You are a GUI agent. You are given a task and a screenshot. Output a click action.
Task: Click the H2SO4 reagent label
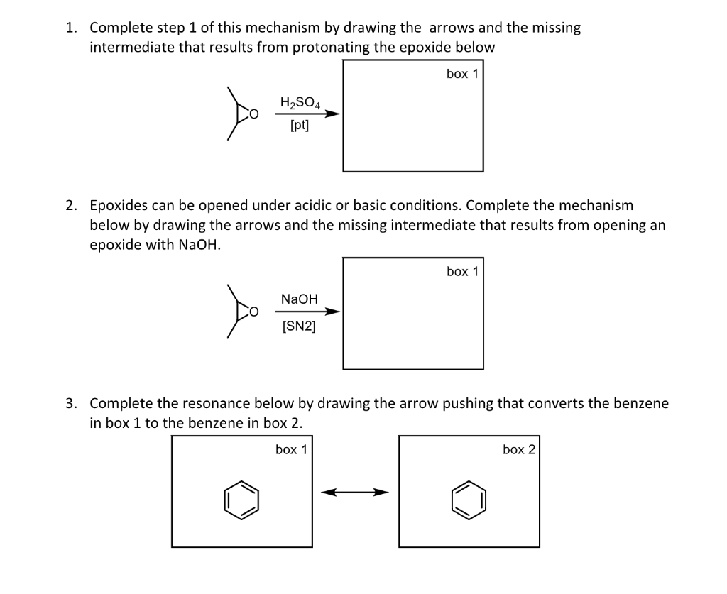pyautogui.click(x=300, y=102)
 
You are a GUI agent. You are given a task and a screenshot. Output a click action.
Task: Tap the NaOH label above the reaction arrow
pyautogui.click(x=299, y=299)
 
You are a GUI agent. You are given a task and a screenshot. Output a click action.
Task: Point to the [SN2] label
pyautogui.click(x=299, y=326)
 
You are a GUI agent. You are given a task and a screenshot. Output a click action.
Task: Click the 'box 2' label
pyautogui.click(x=518, y=449)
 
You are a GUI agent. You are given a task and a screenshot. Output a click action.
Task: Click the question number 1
pyautogui.click(x=70, y=28)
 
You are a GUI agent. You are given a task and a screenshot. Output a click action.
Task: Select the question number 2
pyautogui.click(x=70, y=206)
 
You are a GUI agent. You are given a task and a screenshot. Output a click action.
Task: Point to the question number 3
pyautogui.click(x=70, y=404)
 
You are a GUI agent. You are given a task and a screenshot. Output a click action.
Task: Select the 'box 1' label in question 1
pyautogui.click(x=462, y=74)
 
